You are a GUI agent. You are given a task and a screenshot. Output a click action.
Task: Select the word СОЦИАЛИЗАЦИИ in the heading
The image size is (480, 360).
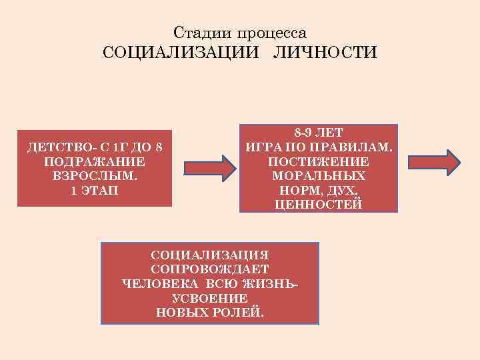pos(179,53)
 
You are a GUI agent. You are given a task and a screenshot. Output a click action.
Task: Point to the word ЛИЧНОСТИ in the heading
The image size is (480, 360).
pos(324,53)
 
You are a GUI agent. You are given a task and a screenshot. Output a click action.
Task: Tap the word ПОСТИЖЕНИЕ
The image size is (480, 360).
pos(319,162)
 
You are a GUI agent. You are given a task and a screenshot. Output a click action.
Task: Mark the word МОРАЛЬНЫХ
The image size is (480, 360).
pos(319,176)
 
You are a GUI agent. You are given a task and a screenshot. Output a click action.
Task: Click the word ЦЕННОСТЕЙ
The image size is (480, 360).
pos(319,205)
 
